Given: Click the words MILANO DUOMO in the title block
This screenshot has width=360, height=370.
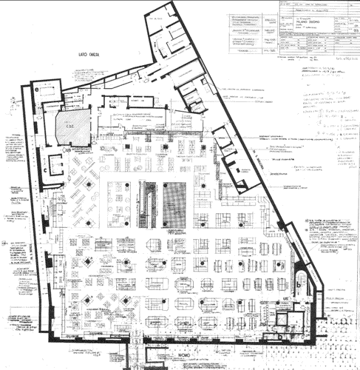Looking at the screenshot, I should (307, 23).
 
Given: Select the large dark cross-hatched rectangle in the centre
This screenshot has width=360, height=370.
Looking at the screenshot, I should (175, 203).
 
